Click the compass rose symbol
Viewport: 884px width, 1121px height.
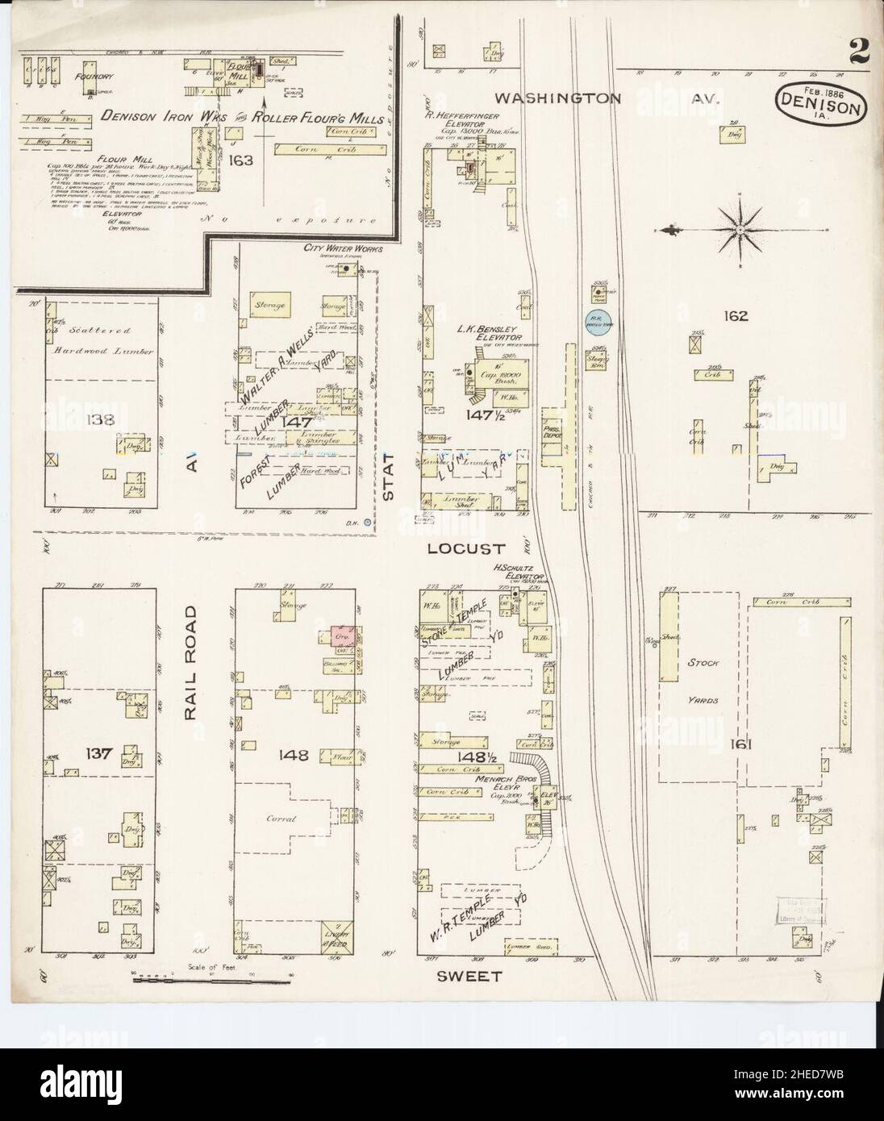point(738,231)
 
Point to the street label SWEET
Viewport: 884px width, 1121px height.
point(469,976)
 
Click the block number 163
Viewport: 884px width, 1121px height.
point(240,160)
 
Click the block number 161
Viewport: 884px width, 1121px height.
point(740,744)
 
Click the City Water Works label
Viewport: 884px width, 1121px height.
point(342,249)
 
